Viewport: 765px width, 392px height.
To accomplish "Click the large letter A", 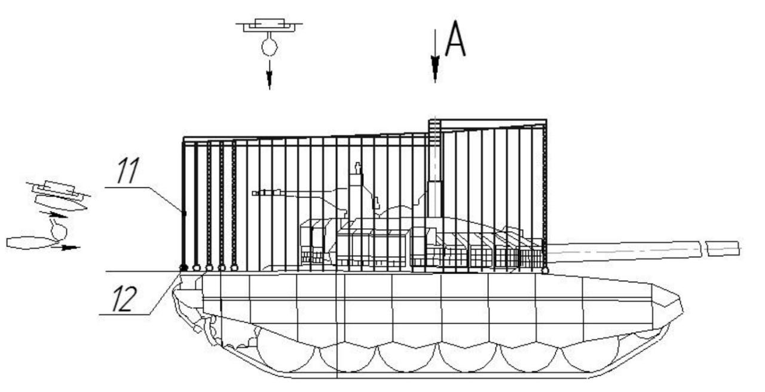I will tap(455, 39).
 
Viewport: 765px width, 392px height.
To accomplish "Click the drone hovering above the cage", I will tap(269, 26).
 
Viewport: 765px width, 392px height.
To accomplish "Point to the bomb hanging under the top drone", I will tap(270, 47).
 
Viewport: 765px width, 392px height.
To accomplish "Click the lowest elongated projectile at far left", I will tap(30, 242).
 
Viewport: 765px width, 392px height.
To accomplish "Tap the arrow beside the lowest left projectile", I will tap(69, 247).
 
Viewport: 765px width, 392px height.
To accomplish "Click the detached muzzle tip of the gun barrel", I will tap(722, 247).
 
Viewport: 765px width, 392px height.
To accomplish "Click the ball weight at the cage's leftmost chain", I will tap(183, 268).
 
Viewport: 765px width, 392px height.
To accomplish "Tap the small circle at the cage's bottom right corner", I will tap(545, 271).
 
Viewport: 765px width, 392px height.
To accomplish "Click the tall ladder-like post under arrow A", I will tap(434, 150).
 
